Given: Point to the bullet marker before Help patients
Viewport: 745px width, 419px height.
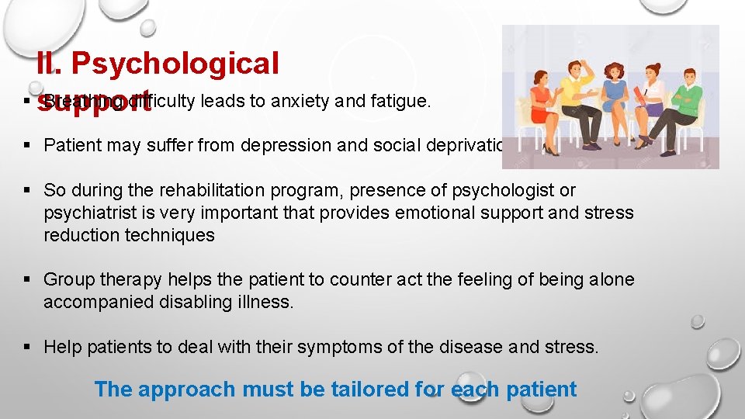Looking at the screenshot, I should (27, 347).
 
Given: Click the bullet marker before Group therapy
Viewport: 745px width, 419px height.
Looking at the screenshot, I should (27, 279).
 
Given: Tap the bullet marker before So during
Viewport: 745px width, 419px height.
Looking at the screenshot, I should (27, 190).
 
